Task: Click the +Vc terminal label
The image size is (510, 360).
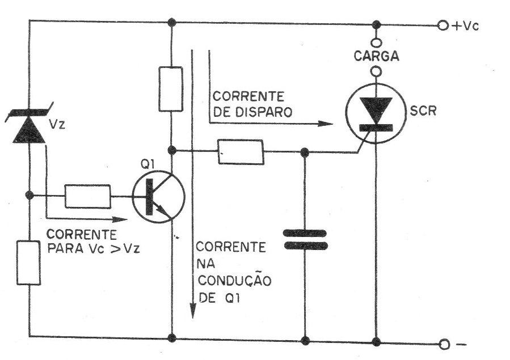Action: point(465,26)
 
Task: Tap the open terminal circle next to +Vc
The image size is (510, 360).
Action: point(442,26)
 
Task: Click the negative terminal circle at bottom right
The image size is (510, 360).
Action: point(444,344)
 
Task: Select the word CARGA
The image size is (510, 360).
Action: point(376,56)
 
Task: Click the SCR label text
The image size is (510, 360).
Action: point(423,111)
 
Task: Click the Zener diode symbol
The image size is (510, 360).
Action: point(29,125)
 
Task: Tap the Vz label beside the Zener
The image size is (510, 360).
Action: point(57,124)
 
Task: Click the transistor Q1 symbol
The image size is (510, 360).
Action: point(158,197)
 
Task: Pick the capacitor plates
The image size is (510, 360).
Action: point(305,239)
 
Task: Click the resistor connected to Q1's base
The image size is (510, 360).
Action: point(88,196)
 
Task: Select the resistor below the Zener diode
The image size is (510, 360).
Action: point(28,263)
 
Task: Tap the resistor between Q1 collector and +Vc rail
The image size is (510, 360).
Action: point(171,89)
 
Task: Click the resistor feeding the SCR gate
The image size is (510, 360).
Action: point(241,152)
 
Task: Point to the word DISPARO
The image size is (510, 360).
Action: point(263,112)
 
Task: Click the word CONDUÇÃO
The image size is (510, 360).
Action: point(234,281)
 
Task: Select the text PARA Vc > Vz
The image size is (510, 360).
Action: point(94,248)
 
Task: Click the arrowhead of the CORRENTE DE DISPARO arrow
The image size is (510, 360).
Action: point(326,124)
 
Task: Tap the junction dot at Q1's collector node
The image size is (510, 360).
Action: point(172,150)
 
